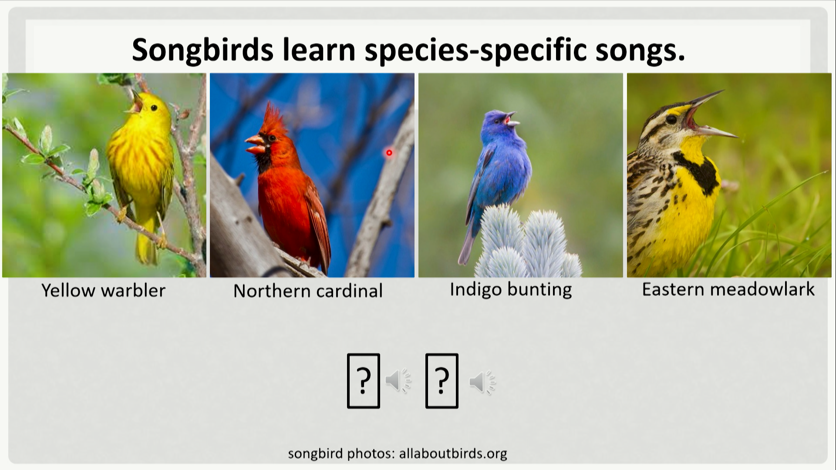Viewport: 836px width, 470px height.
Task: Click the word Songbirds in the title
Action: pyautogui.click(x=202, y=50)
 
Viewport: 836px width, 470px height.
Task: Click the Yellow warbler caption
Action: pyautogui.click(x=104, y=291)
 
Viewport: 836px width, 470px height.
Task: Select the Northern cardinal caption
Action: pyautogui.click(x=308, y=291)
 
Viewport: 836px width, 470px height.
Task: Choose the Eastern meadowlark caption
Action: pyautogui.click(x=728, y=289)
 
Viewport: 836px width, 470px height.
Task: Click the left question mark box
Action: pyautogui.click(x=364, y=381)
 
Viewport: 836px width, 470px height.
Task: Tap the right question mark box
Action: pyautogui.click(x=442, y=381)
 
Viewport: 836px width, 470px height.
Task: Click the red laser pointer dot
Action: pyautogui.click(x=389, y=153)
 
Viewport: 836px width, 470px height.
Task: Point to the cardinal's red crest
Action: pyautogui.click(x=275, y=119)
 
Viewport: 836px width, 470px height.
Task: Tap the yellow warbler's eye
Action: pyautogui.click(x=154, y=107)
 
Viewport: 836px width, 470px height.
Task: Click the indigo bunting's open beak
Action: pyautogui.click(x=511, y=119)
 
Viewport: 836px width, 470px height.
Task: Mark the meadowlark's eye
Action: pyautogui.click(x=671, y=119)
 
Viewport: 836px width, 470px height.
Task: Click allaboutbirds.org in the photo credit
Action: pyautogui.click(x=453, y=453)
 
